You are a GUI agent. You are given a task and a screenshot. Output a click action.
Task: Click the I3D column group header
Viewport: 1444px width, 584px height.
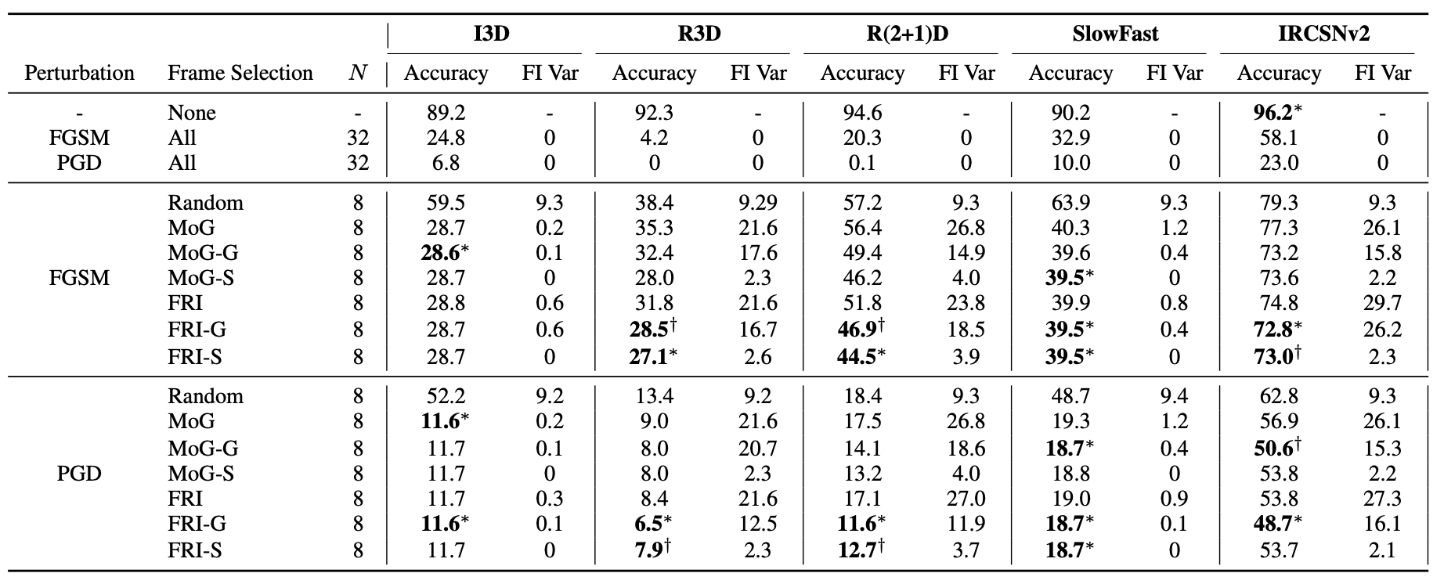pos(492,34)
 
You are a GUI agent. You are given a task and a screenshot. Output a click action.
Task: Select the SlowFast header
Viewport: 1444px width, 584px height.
pos(1115,34)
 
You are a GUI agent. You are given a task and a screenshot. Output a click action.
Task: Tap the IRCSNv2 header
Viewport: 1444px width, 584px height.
pos(1323,34)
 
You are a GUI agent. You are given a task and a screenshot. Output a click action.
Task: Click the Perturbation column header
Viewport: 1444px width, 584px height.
pos(79,73)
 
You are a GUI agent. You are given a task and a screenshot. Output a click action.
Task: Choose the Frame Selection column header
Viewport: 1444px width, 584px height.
pos(240,73)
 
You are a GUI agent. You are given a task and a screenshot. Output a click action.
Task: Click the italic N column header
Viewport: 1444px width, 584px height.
pos(358,73)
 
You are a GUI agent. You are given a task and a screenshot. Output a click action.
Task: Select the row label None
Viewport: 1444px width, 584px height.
pos(192,113)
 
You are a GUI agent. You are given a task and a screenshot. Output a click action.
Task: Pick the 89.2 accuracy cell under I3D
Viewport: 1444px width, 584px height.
pos(446,113)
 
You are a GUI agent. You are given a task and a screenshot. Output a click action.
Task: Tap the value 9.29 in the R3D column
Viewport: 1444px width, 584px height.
pos(758,203)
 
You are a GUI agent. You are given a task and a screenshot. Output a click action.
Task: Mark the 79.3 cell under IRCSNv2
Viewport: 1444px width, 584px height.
pos(1279,203)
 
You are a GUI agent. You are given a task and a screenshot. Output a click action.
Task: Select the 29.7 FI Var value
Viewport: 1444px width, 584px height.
pos(1382,303)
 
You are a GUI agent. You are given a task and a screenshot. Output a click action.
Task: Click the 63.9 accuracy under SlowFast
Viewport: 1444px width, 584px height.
pos(1070,203)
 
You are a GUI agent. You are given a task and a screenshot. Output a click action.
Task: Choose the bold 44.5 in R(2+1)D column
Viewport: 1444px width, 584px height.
pos(856,357)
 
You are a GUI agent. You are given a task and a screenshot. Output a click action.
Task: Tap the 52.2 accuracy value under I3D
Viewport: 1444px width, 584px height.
pos(446,396)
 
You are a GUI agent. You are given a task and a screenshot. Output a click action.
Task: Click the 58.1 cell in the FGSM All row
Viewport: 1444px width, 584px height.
pos(1279,138)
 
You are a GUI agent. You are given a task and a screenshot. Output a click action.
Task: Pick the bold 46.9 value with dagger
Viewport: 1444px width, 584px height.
pos(856,329)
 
